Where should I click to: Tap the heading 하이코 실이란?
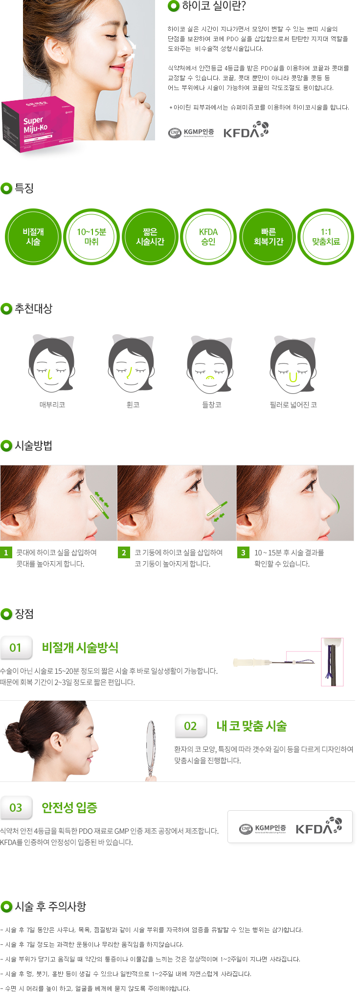click(214, 6)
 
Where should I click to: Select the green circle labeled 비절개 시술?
click(33, 237)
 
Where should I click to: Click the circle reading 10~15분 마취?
click(91, 237)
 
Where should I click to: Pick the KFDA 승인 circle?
click(208, 237)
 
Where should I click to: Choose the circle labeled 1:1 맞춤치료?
click(326, 237)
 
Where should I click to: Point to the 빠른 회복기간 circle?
click(268, 237)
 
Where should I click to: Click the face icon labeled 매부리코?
click(51, 363)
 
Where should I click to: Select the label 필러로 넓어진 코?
click(293, 405)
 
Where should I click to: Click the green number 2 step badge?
click(124, 552)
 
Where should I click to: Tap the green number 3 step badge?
click(243, 552)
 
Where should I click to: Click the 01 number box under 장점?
click(16, 648)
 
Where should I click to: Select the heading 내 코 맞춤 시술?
click(251, 726)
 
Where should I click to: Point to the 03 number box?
click(16, 807)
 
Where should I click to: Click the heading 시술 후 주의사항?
click(50, 907)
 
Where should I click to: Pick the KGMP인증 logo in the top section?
click(191, 133)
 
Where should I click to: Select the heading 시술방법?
click(33, 446)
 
